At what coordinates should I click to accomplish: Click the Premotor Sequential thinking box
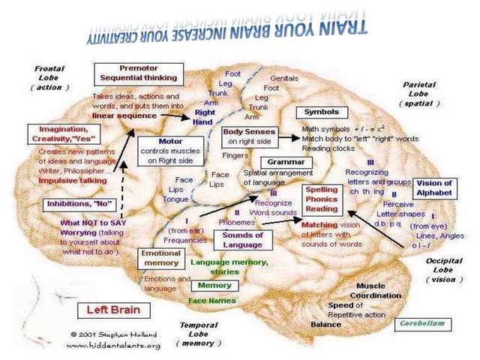coord(139,73)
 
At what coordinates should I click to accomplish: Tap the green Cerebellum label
coord(423,323)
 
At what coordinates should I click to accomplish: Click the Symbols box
coord(321,112)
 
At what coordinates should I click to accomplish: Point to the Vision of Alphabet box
coord(434,187)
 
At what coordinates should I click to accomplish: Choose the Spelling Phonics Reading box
coord(322,199)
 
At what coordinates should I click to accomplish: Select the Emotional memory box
coord(160,258)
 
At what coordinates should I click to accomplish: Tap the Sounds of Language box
coord(242,240)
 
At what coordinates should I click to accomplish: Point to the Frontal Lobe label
coord(49,77)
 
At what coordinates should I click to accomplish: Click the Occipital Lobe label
coord(445,269)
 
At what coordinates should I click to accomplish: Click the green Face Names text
coord(212,301)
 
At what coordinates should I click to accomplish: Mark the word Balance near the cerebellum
coord(326,324)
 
